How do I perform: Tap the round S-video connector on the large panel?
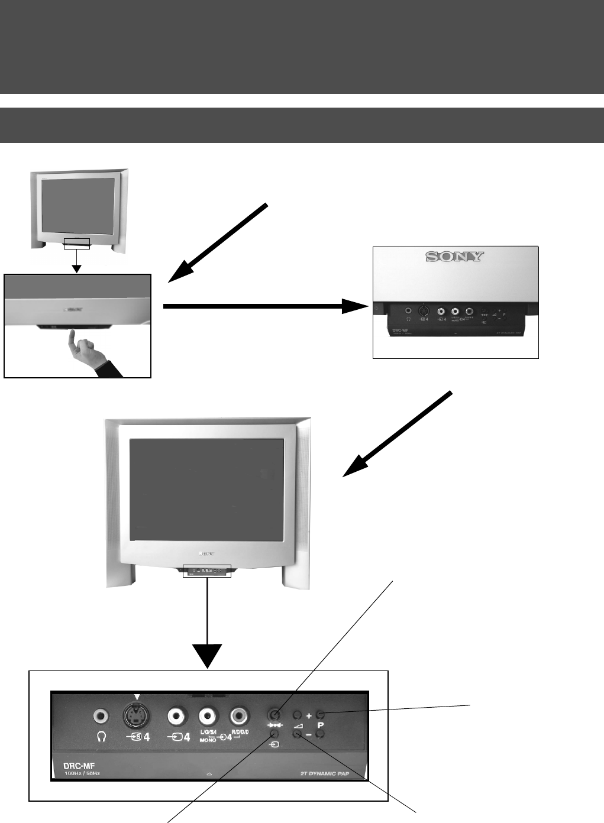(x=136, y=717)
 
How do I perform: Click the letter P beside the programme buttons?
(x=320, y=725)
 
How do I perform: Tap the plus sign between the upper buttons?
(x=309, y=715)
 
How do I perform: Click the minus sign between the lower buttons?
(x=309, y=735)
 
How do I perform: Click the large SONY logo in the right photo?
(x=456, y=257)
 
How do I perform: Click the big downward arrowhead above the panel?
(x=208, y=657)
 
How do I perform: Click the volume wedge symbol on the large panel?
(x=298, y=725)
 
